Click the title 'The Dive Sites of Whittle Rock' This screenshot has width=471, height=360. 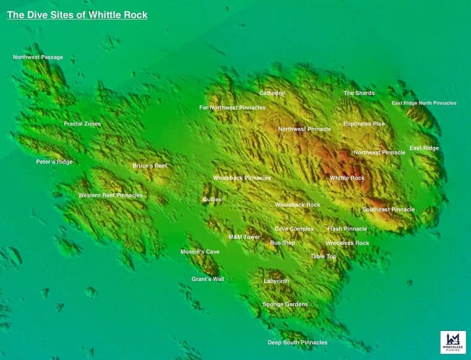click(x=77, y=15)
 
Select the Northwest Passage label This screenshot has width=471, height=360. click(x=38, y=57)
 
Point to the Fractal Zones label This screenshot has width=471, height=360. click(x=82, y=124)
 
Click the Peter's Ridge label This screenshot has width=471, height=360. click(x=54, y=162)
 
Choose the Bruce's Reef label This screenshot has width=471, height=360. click(x=150, y=165)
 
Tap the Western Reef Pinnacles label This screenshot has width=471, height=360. click(x=110, y=195)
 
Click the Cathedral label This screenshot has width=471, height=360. click(x=273, y=93)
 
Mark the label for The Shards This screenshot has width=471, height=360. click(x=359, y=93)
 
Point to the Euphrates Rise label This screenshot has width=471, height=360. click(x=364, y=124)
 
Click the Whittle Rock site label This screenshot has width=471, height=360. click(x=347, y=178)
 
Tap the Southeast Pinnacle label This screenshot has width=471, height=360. click(x=388, y=209)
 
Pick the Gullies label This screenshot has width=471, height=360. click(x=212, y=199)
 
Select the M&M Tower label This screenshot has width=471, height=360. click(x=244, y=237)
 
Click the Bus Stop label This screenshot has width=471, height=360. click(x=282, y=243)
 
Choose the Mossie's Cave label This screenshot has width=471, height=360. click(x=200, y=252)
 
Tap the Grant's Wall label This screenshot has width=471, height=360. click(x=208, y=279)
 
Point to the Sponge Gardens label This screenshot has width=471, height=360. click(x=285, y=304)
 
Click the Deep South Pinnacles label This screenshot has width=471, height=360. click(x=297, y=342)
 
